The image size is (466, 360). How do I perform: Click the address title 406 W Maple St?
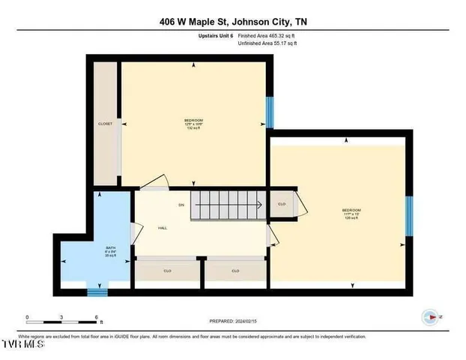click(x=232, y=22)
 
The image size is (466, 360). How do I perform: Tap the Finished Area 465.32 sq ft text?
click(x=267, y=35)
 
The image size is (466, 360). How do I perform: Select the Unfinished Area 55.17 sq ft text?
click(x=267, y=43)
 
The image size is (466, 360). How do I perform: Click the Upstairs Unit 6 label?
click(x=216, y=35)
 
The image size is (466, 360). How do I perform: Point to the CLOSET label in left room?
click(x=105, y=124)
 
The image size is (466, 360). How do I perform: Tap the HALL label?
click(x=162, y=228)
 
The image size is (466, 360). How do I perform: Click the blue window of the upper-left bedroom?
click(x=270, y=114)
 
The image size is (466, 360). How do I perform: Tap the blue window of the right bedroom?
click(x=408, y=216)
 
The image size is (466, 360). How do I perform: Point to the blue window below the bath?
click(x=97, y=291)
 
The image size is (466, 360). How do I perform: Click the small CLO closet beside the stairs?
click(x=282, y=204)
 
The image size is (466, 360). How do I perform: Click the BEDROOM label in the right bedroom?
click(x=351, y=210)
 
